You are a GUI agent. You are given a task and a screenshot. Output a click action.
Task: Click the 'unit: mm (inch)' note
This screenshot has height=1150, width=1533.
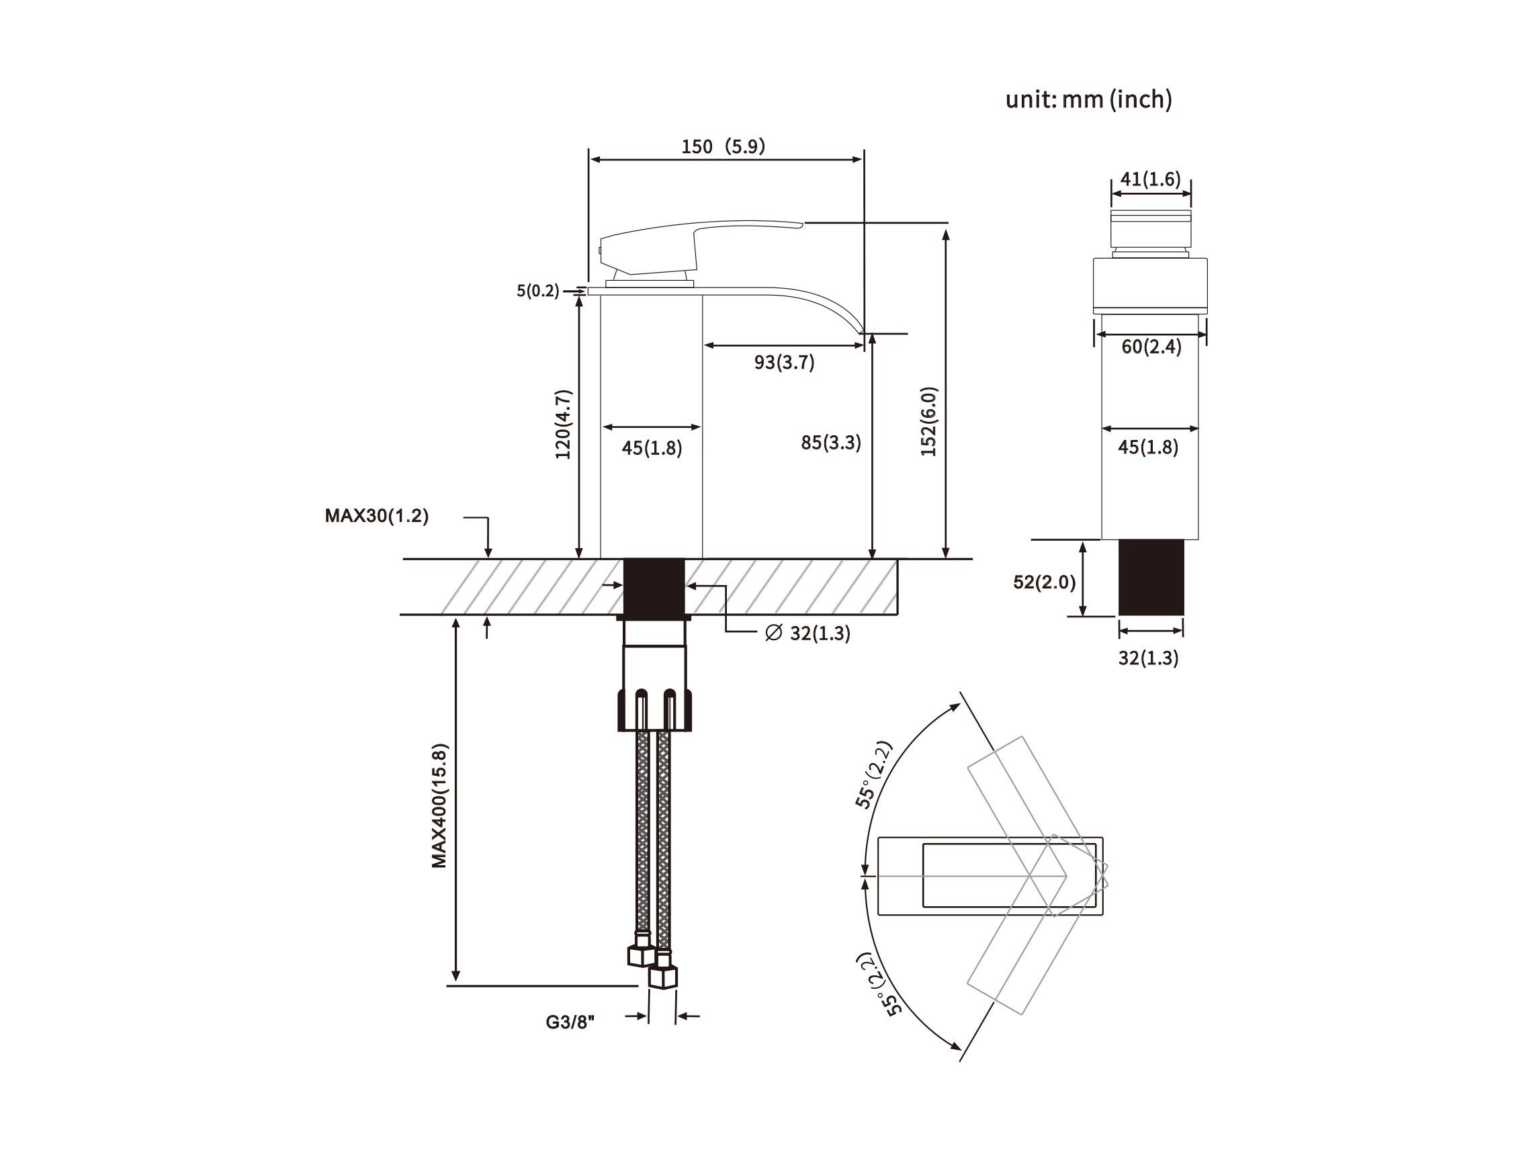(x=1088, y=100)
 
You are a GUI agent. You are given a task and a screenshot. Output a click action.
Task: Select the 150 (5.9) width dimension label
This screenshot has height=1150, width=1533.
(x=723, y=147)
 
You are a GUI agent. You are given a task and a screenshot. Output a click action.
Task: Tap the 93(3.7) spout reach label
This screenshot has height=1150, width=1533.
(x=784, y=362)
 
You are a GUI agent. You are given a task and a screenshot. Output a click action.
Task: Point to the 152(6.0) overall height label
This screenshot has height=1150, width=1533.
(x=928, y=421)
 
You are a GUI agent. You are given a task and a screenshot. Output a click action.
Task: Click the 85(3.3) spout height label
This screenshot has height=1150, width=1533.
(x=830, y=442)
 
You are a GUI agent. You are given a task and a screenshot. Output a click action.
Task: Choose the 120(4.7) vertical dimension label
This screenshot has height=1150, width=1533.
(x=563, y=425)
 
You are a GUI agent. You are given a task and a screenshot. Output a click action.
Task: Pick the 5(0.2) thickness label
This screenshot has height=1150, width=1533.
(x=537, y=290)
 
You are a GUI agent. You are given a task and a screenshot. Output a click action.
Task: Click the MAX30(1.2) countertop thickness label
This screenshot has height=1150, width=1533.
(x=376, y=516)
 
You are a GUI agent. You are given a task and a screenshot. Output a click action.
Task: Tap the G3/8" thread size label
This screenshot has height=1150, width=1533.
(x=570, y=1022)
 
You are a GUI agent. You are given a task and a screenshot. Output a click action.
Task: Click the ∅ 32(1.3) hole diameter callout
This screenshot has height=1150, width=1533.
(x=807, y=633)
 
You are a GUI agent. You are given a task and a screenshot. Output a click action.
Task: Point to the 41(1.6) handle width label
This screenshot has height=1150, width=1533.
(x=1151, y=179)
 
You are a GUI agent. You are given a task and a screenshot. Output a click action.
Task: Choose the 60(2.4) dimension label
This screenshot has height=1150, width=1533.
(x=1151, y=346)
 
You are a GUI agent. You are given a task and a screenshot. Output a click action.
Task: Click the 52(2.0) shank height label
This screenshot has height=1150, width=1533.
(x=1044, y=582)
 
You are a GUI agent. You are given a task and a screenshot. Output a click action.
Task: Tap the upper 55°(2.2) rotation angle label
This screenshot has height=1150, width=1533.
(x=874, y=775)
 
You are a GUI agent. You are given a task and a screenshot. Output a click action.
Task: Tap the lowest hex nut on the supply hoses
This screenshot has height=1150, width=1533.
(x=663, y=977)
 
